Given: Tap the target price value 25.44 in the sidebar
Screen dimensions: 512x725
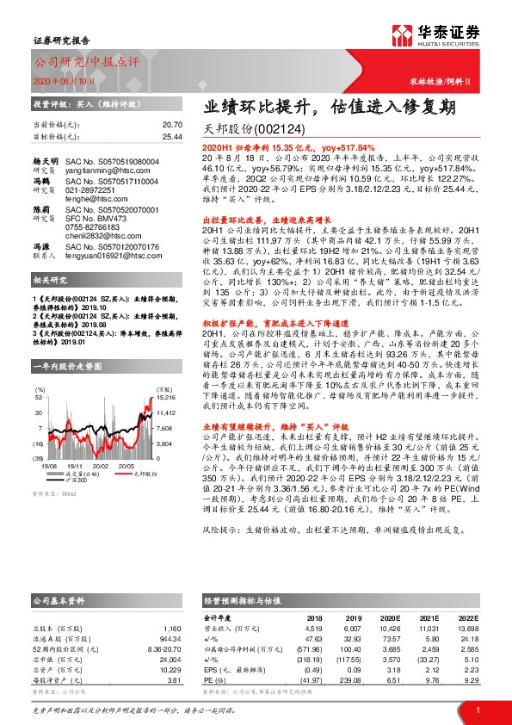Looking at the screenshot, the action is click(172, 137).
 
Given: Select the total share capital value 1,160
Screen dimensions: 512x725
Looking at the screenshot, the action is click(172, 629).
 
